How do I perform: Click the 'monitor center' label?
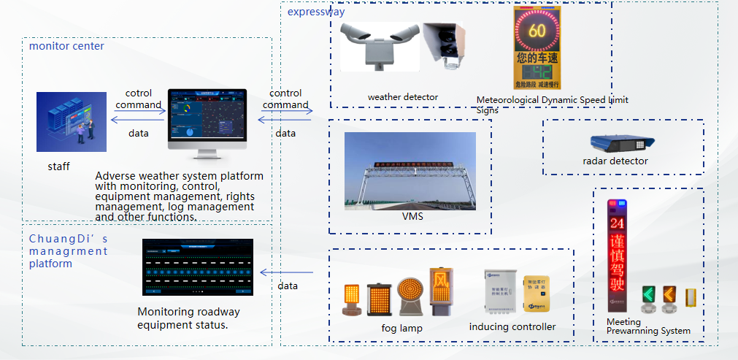(x=66, y=46)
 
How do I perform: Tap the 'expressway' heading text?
(x=316, y=12)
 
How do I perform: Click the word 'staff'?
(x=58, y=166)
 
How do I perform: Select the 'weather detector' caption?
(x=403, y=97)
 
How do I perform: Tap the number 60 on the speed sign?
(x=537, y=31)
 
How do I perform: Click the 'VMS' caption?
(x=412, y=215)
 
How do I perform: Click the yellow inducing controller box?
(x=536, y=295)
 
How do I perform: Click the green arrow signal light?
(x=647, y=296)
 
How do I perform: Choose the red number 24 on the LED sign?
(x=618, y=223)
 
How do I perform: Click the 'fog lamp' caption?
(x=401, y=328)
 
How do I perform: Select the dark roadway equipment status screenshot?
(x=197, y=267)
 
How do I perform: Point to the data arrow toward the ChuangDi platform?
(x=287, y=273)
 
